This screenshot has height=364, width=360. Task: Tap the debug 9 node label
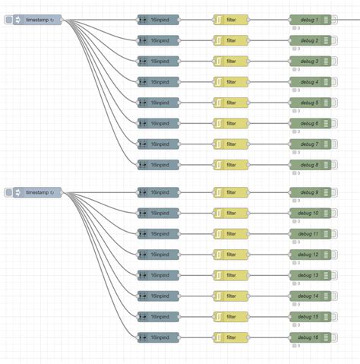(308, 192)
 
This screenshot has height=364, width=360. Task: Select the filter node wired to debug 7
(231, 144)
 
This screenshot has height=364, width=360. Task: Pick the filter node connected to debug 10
(231, 213)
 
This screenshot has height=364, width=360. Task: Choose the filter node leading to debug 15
(231, 316)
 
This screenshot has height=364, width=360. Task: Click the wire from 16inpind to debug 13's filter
(196, 275)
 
